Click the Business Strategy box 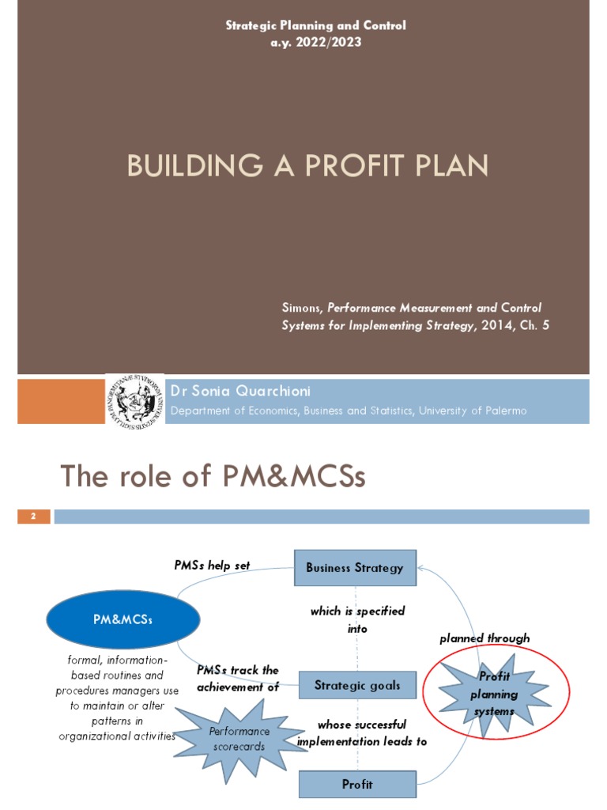pyautogui.click(x=355, y=568)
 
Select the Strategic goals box pyautogui.click(x=357, y=685)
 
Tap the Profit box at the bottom pyautogui.click(x=357, y=785)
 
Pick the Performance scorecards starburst pyautogui.click(x=239, y=738)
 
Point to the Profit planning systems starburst pyautogui.click(x=494, y=694)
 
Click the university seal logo pyautogui.click(x=134, y=402)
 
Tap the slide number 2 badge pyautogui.click(x=34, y=517)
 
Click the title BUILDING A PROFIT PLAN pyautogui.click(x=307, y=166)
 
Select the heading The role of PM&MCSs pyautogui.click(x=213, y=476)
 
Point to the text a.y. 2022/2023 pyautogui.click(x=315, y=42)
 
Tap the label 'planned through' pyautogui.click(x=484, y=638)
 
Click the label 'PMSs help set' pyautogui.click(x=212, y=565)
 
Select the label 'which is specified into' pyautogui.click(x=357, y=619)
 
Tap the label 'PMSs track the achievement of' pyautogui.click(x=238, y=678)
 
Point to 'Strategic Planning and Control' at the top pyautogui.click(x=315, y=25)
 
